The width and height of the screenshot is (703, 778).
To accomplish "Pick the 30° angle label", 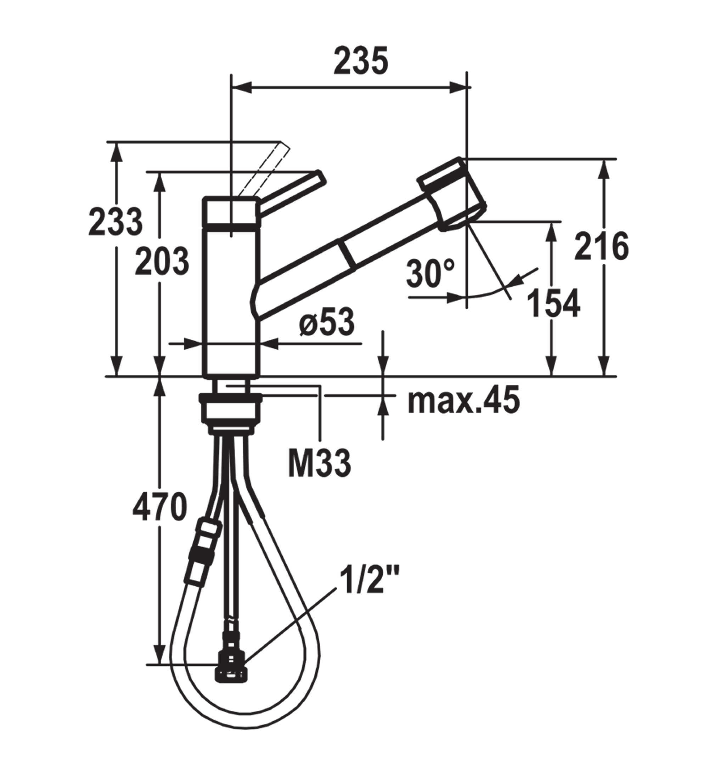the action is tap(430, 274).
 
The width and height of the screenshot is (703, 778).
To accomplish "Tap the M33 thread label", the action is tap(320, 463).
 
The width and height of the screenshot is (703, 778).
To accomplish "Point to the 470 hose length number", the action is tap(159, 507).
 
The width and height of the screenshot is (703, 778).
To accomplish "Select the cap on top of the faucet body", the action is tap(230, 210).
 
